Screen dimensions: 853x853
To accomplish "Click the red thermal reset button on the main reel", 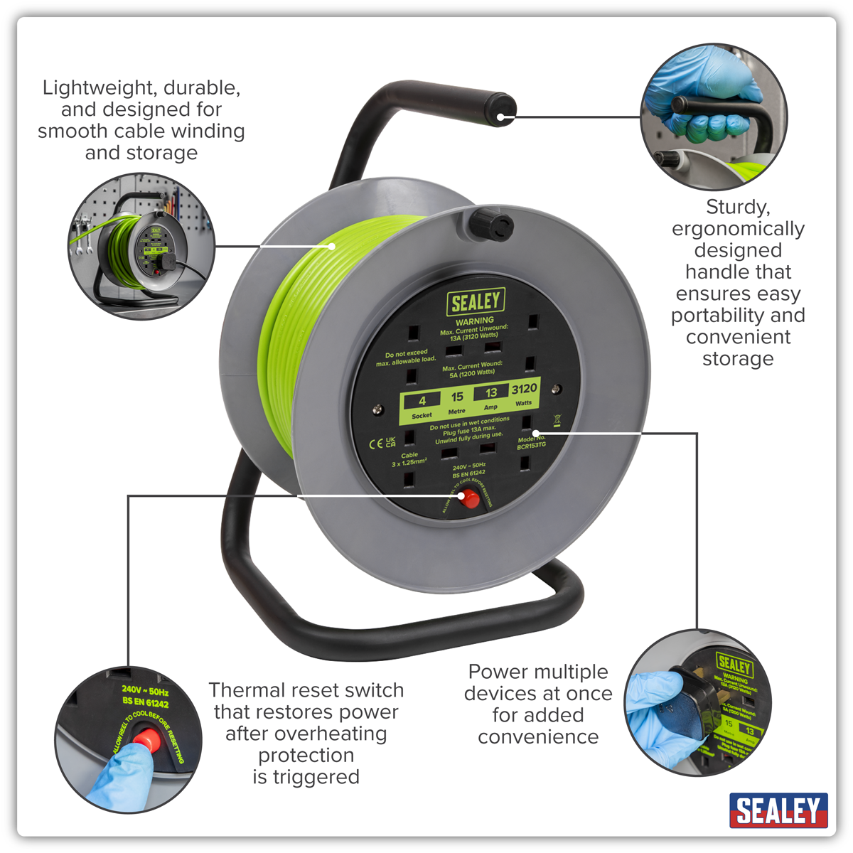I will click(469, 499).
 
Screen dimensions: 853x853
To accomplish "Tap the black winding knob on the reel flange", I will click(490, 225).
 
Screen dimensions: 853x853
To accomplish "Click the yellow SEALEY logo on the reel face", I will click(476, 301).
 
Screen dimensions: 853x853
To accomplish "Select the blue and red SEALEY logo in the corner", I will click(778, 810).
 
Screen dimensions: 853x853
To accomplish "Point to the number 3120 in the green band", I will click(524, 389).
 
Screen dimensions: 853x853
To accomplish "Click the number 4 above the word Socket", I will click(422, 401).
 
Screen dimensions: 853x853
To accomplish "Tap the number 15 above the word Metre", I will click(457, 397).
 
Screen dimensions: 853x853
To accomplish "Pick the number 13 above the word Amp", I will click(491, 393).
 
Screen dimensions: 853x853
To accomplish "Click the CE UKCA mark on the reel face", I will click(382, 443).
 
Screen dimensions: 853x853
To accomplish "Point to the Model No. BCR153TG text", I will click(532, 442).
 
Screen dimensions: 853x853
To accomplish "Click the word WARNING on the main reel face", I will click(475, 321).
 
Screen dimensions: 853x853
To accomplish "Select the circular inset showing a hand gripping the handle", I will click(714, 116).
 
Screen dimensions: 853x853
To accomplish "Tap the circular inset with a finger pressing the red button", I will click(129, 739).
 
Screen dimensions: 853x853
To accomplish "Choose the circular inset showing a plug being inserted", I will click(698, 702).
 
